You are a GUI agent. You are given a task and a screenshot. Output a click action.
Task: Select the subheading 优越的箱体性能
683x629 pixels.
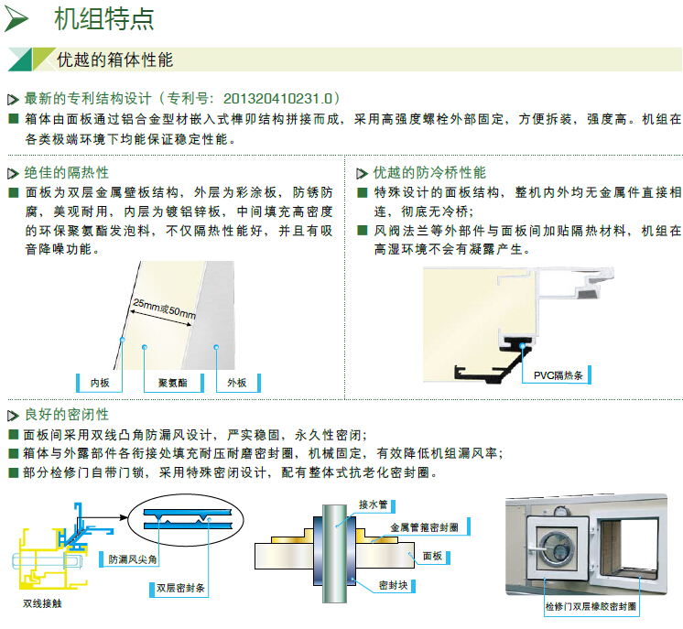tap(114, 61)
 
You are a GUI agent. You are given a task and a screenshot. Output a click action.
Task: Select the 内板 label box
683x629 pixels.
tap(101, 383)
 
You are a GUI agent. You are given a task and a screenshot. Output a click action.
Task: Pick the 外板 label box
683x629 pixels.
tap(236, 383)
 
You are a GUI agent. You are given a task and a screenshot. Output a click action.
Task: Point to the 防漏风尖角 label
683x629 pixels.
tap(133, 559)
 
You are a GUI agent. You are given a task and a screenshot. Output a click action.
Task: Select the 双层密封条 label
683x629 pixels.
tap(179, 587)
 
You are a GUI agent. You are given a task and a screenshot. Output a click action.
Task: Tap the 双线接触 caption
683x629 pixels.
tap(42, 604)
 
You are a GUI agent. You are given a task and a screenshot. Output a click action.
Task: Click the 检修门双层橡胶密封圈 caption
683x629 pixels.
tap(590, 608)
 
